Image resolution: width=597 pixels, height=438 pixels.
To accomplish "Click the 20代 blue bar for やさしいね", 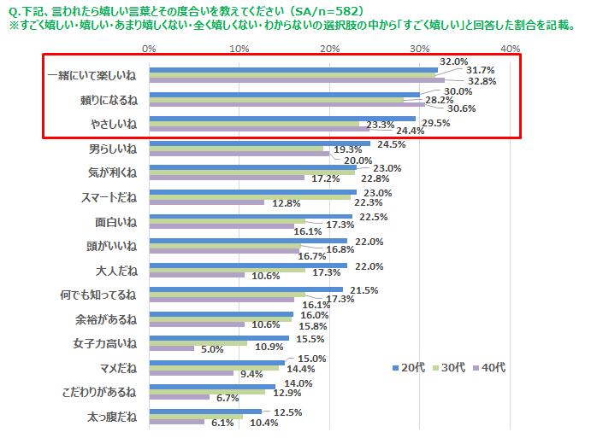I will coord(282,120).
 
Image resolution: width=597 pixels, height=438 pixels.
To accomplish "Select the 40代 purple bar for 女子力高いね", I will coord(171,348).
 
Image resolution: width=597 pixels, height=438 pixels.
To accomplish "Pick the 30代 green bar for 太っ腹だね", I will coord(196,417).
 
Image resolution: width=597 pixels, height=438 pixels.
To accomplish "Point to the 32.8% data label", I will coord(483,81).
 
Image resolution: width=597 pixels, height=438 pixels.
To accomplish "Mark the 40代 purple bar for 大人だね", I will coord(197,276).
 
